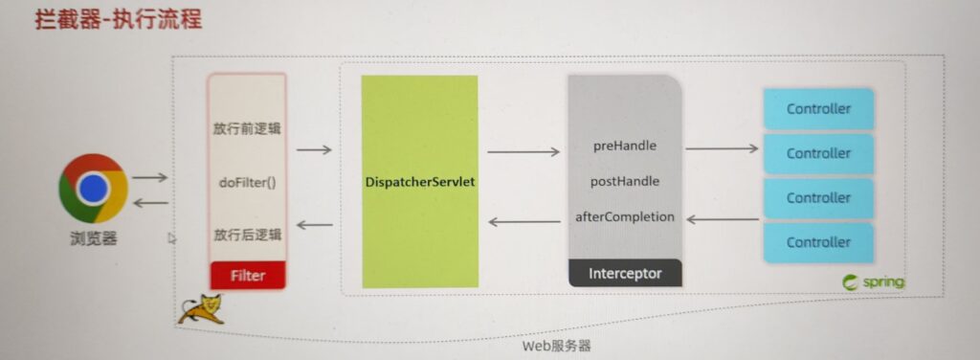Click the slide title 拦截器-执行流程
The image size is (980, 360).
point(118,19)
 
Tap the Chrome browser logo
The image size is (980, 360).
point(93,188)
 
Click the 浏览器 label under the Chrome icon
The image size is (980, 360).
point(93,238)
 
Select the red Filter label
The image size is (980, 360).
point(248,275)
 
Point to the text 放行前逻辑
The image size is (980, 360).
point(247,129)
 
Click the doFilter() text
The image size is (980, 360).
point(247,183)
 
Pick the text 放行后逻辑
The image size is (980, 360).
point(247,235)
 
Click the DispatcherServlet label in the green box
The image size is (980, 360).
point(420,183)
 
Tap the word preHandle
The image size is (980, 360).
point(624,146)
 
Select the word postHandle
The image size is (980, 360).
point(624,181)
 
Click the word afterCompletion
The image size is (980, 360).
point(624,217)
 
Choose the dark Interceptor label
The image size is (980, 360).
point(624,273)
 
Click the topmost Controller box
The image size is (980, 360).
point(818,109)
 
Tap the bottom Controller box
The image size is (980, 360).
point(818,242)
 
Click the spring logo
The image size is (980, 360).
point(873,282)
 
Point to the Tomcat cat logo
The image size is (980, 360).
point(201,309)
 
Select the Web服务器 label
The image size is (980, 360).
point(556,346)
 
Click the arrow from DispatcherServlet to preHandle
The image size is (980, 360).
point(523,151)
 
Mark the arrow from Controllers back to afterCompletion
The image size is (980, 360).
point(723,218)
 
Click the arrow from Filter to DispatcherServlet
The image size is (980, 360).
point(314,150)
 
